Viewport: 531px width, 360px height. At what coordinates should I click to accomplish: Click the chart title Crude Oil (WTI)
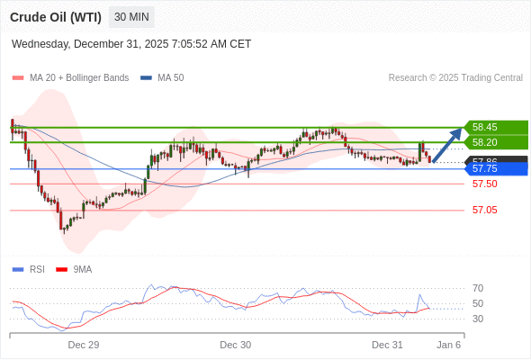click(x=56, y=16)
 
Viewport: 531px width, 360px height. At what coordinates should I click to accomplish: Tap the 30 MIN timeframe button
click(x=131, y=16)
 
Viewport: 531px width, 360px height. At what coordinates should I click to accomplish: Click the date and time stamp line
click(x=131, y=43)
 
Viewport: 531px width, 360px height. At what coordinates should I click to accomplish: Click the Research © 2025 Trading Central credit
click(x=455, y=77)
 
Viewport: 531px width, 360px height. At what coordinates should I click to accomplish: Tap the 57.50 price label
click(x=484, y=184)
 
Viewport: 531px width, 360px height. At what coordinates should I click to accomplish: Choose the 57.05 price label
click(x=484, y=210)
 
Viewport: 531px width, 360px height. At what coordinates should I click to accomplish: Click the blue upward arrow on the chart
click(x=447, y=145)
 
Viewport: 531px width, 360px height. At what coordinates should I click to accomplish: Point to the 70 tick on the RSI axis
click(x=478, y=288)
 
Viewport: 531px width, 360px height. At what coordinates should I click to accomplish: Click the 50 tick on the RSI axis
click(x=478, y=303)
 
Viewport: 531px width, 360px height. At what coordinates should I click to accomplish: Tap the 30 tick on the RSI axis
click(x=478, y=319)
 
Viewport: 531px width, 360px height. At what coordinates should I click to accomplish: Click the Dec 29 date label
click(x=83, y=345)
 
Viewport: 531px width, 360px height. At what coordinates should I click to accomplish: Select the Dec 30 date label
click(x=235, y=345)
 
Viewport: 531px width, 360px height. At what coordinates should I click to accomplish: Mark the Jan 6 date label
click(x=449, y=345)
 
